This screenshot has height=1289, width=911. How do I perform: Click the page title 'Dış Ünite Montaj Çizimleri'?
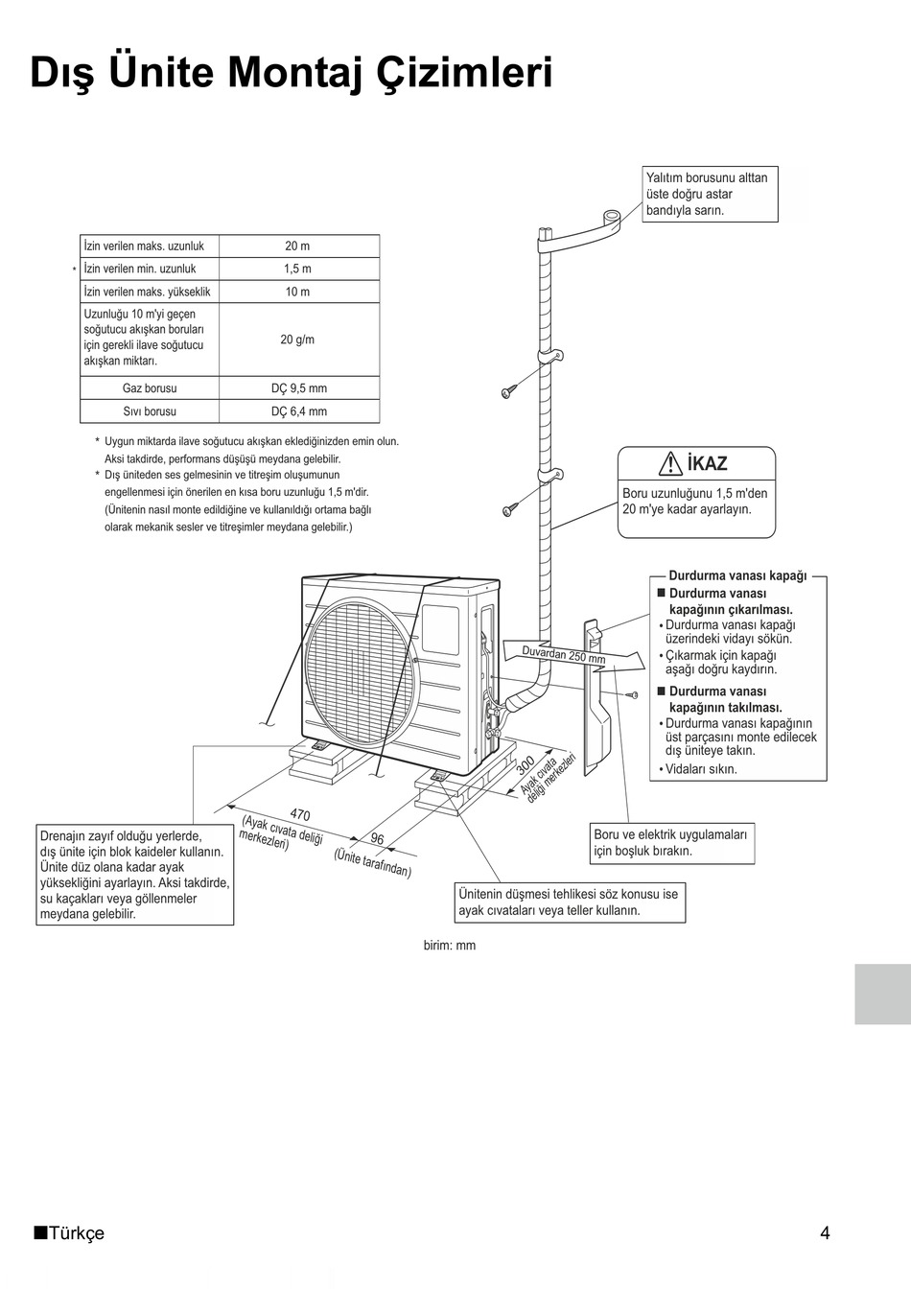(x=292, y=73)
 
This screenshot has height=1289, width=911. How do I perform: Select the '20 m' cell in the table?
(x=297, y=246)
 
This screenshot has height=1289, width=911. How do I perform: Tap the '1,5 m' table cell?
(x=297, y=270)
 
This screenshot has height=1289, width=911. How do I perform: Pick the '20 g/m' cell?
(x=297, y=340)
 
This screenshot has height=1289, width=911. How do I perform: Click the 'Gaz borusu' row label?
(x=150, y=388)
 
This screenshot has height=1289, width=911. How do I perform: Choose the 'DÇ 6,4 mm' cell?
(x=298, y=411)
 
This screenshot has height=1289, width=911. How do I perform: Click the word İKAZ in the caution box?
(x=708, y=464)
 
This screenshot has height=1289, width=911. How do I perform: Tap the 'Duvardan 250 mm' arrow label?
(x=564, y=656)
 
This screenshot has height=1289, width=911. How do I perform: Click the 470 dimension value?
(x=300, y=815)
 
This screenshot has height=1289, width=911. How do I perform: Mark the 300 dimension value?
(x=526, y=765)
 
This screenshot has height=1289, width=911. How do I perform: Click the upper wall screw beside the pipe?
(x=507, y=391)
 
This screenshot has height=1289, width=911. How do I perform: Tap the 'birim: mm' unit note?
(x=450, y=946)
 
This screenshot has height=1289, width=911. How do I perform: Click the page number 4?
(x=825, y=1233)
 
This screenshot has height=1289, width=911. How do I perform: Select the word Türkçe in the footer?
(x=76, y=1233)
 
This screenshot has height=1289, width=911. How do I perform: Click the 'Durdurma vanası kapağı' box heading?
(x=737, y=576)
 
